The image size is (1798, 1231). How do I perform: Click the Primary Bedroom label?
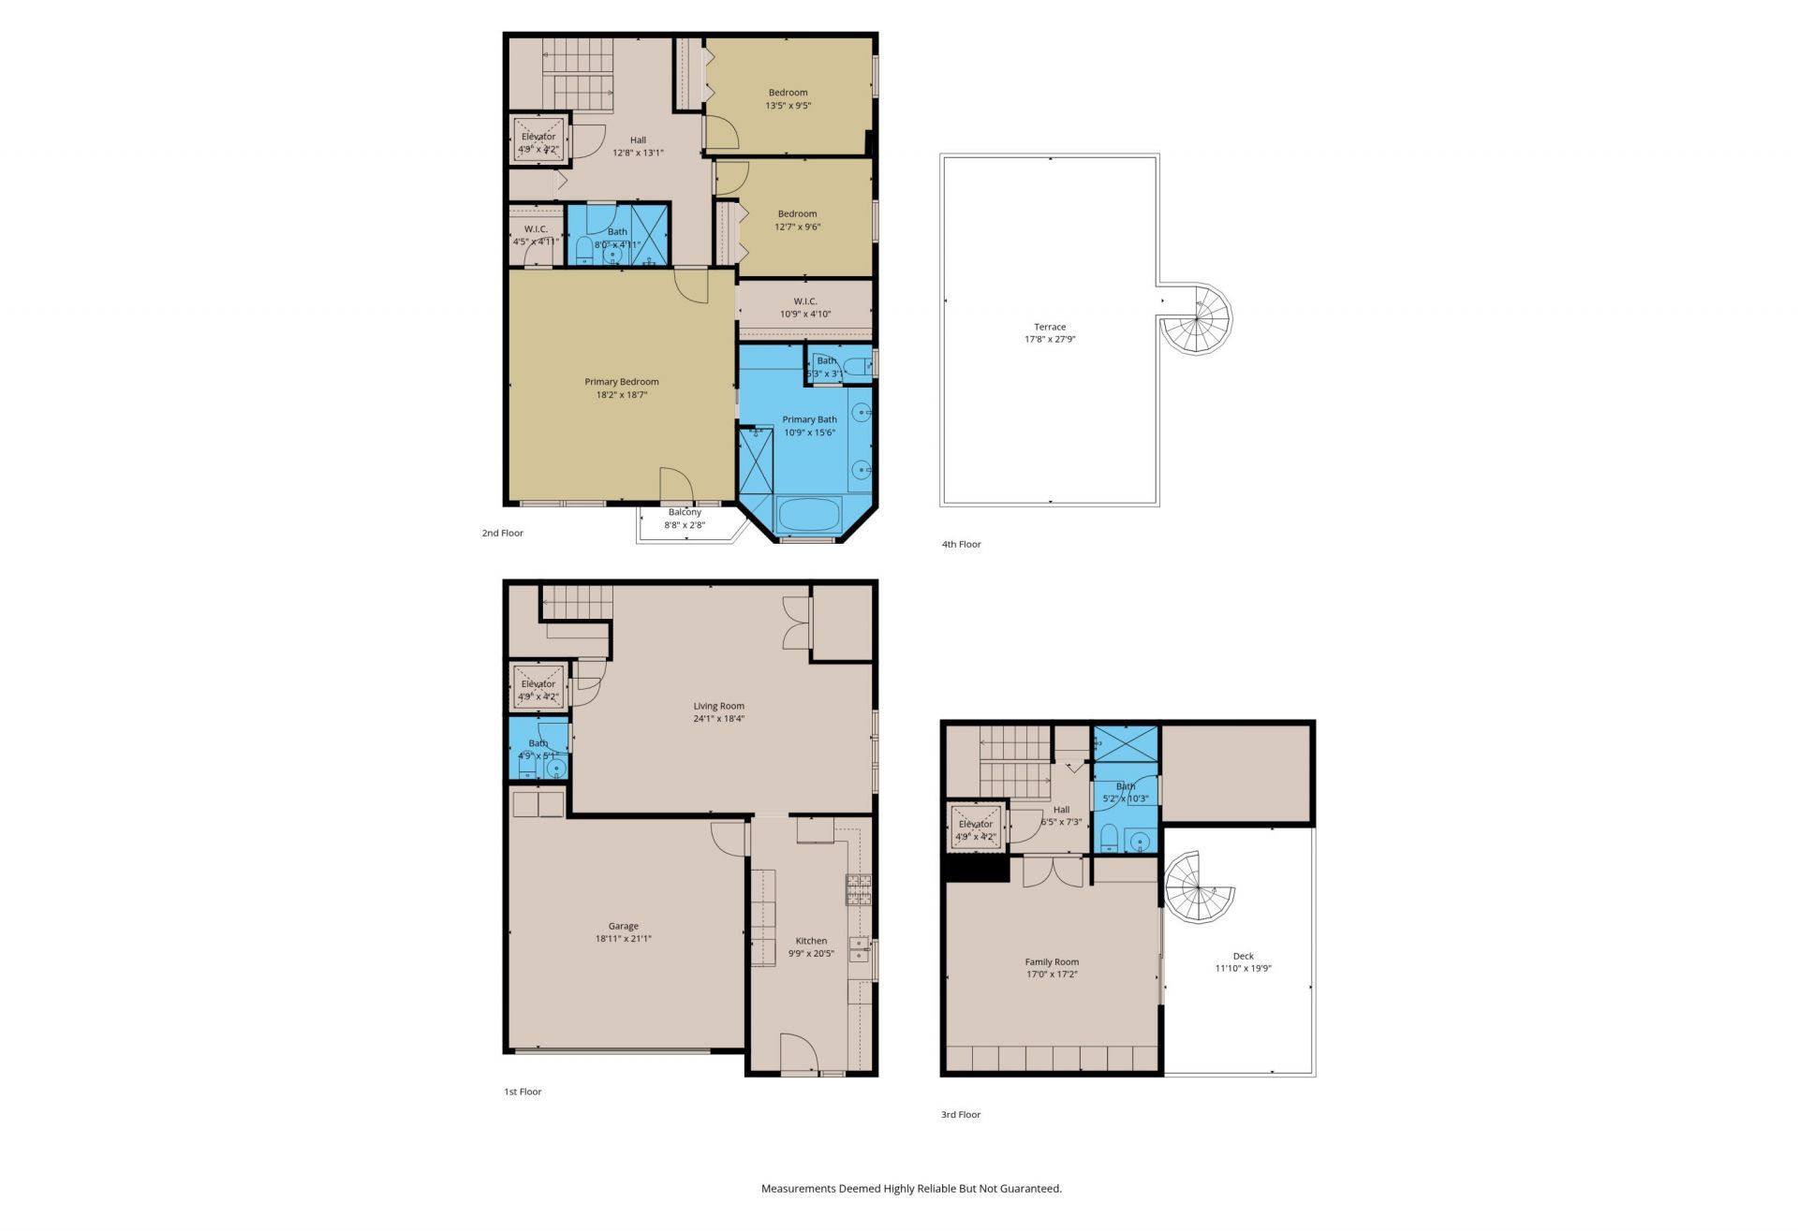click(621, 382)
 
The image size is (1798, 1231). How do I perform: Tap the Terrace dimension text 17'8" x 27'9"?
click(1050, 340)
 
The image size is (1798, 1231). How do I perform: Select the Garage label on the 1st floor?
click(623, 926)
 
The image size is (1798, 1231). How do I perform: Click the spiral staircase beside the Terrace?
click(1198, 319)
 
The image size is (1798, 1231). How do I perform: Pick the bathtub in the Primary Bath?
click(809, 516)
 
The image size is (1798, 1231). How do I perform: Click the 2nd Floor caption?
click(503, 534)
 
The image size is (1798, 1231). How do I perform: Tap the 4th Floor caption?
click(961, 544)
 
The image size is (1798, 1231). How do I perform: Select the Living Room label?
click(718, 706)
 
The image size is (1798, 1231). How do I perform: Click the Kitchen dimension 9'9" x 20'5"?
click(811, 954)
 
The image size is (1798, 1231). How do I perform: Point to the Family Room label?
click(1052, 961)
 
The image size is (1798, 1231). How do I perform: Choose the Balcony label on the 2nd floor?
click(685, 512)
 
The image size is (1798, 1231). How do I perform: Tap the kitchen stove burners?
click(859, 889)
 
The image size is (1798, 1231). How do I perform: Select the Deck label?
click(1243, 956)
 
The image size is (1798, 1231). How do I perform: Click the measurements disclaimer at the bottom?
click(911, 1189)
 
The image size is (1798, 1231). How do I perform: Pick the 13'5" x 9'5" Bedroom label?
click(788, 93)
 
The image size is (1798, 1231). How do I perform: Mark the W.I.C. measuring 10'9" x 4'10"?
click(805, 301)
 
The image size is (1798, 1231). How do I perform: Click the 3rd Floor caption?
click(961, 1115)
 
